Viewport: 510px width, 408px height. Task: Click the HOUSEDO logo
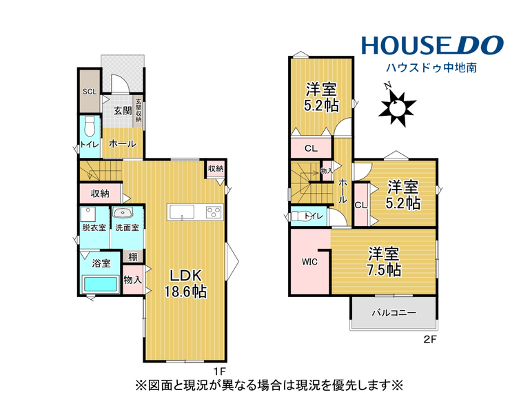432,45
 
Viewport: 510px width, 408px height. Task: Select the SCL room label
90,92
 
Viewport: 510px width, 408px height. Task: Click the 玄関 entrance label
122,111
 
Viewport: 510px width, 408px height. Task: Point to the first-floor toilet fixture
89,127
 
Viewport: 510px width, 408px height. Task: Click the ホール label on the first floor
122,143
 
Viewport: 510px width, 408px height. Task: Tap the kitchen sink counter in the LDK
181,212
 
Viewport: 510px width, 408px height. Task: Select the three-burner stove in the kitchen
214,212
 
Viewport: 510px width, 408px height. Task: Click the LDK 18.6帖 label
185,283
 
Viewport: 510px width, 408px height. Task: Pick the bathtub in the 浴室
101,284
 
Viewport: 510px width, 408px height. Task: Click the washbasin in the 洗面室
123,212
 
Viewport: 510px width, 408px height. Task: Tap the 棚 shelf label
132,257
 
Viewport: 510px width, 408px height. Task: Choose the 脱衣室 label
94,227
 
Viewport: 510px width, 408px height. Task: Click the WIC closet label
309,262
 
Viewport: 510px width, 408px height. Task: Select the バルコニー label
394,313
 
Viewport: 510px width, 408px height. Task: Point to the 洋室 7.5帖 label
384,262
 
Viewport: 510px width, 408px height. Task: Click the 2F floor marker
429,340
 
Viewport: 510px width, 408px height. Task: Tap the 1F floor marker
219,371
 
